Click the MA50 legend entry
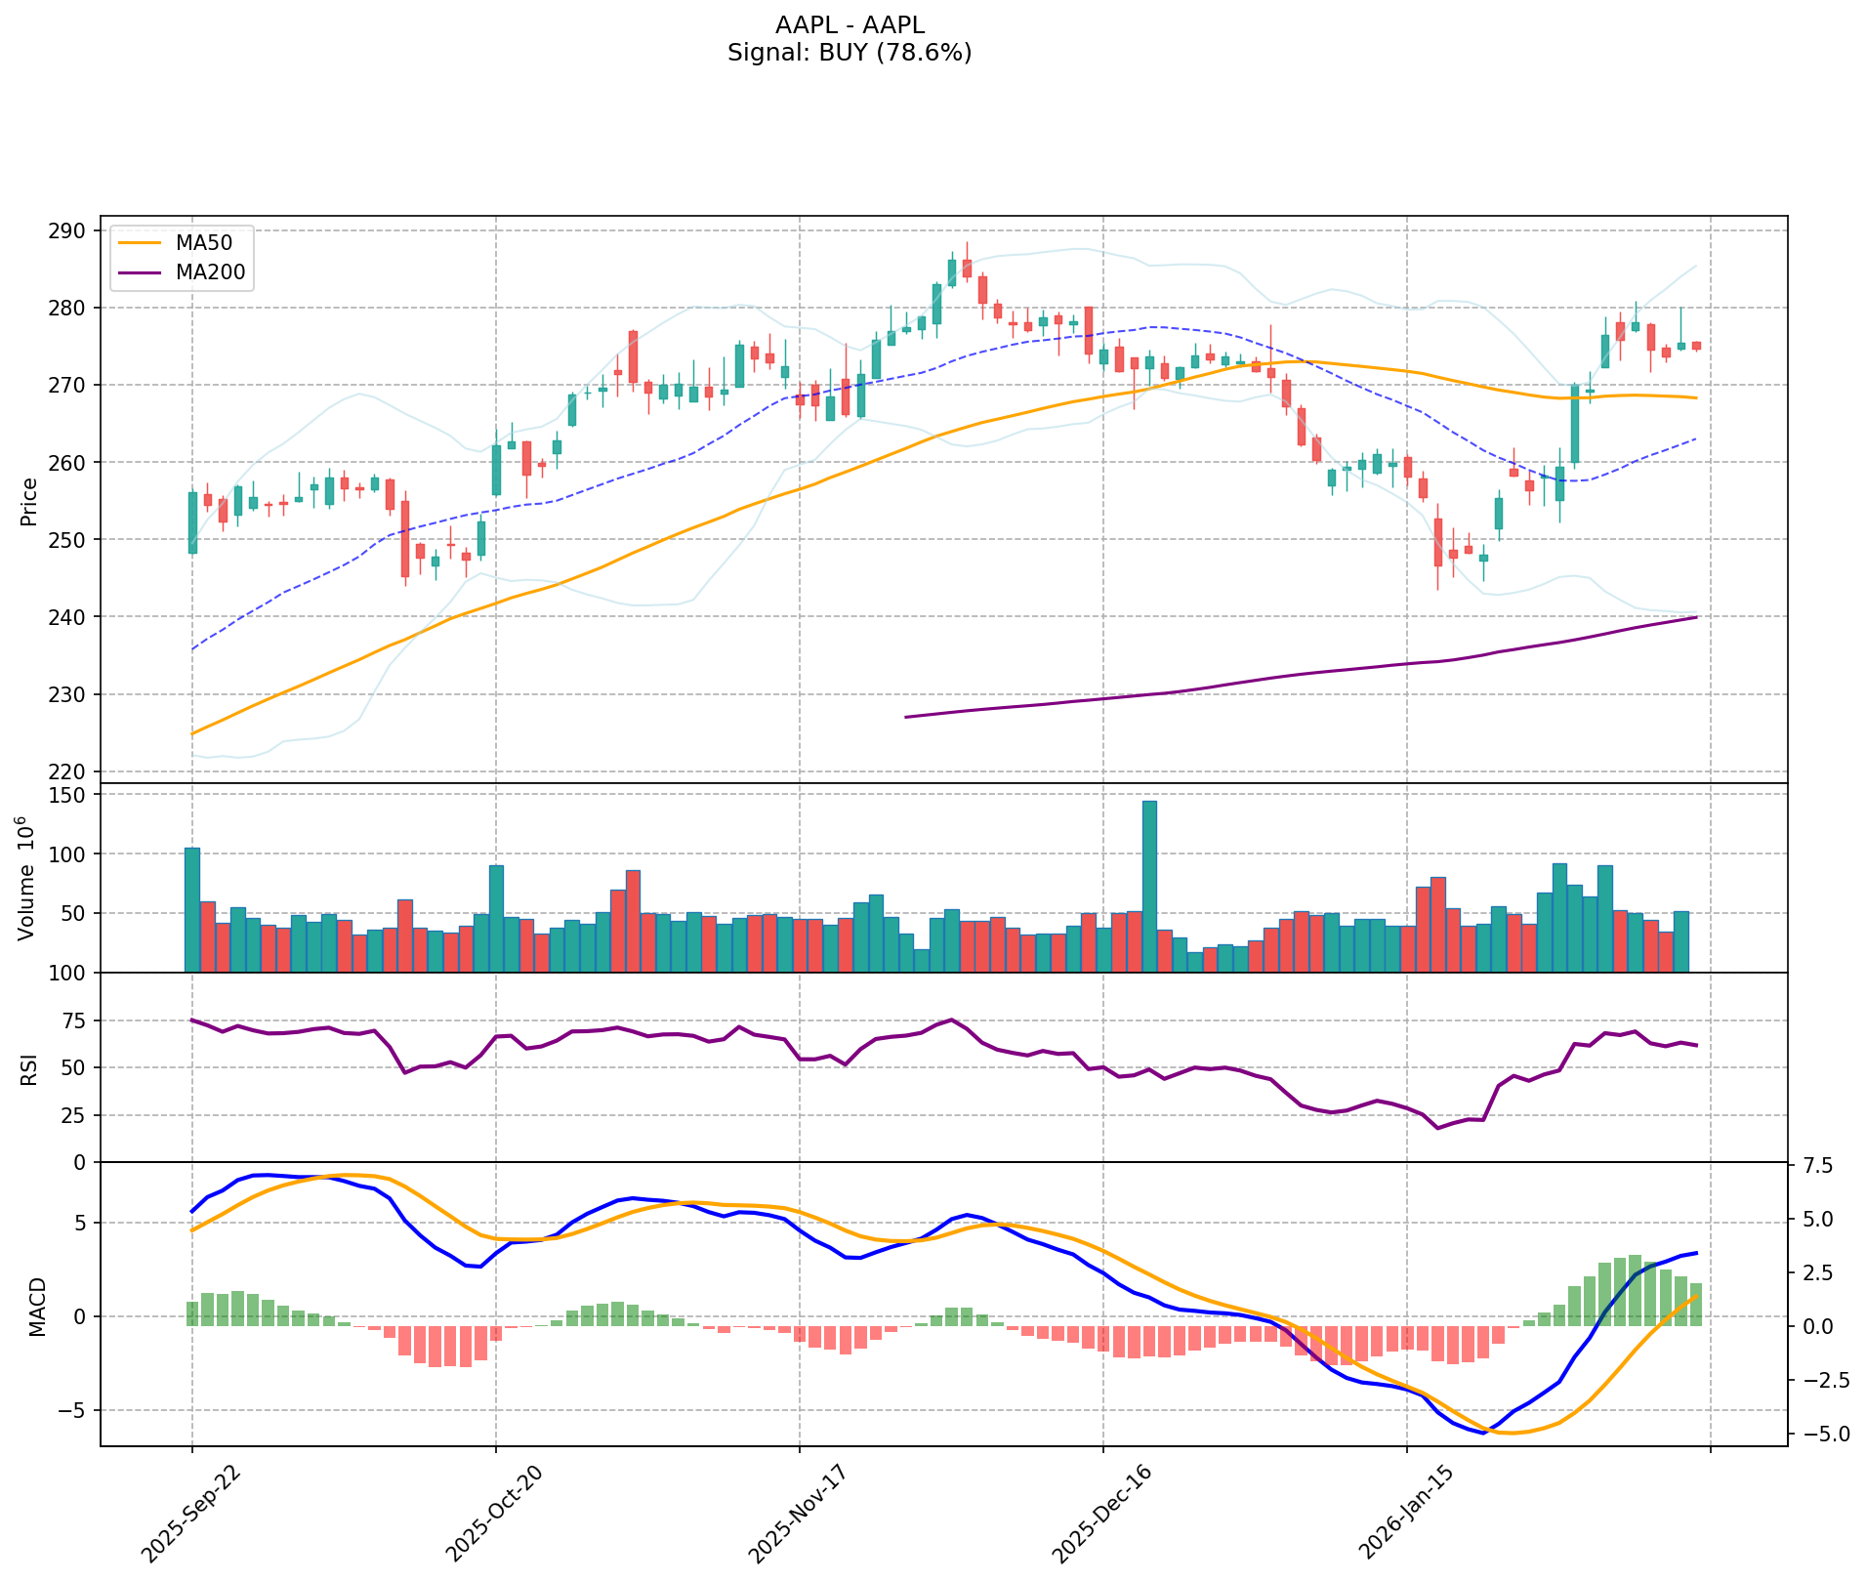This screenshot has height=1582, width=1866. coord(203,242)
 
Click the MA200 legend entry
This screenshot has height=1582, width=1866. coord(210,273)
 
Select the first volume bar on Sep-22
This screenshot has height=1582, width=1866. coord(192,909)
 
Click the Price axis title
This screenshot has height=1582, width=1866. coord(29,501)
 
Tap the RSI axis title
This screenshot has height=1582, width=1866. coord(29,1068)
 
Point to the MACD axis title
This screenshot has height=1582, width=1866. coord(37,1307)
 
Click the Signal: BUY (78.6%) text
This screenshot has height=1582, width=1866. coord(849,53)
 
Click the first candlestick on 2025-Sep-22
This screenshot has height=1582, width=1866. coord(192,522)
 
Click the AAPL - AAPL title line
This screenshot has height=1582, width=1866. coord(849,25)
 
